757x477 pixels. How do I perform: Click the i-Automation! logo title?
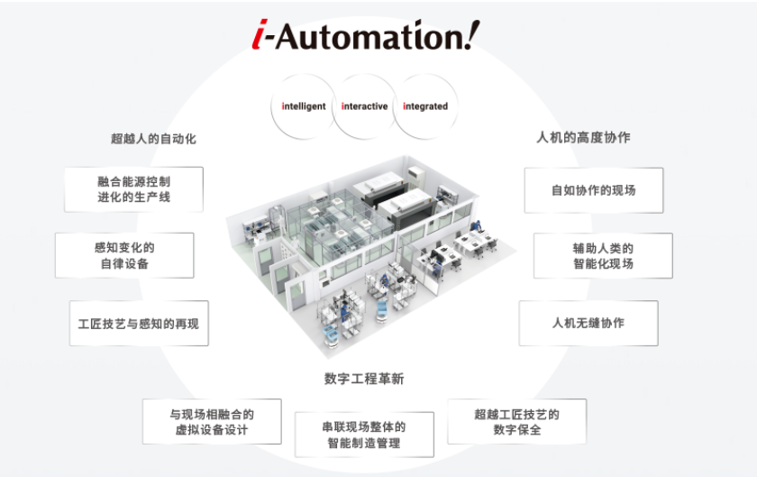click(366, 35)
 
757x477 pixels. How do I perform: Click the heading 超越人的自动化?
click(153, 139)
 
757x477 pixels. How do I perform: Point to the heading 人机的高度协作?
click(583, 137)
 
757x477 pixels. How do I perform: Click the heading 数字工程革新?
click(364, 379)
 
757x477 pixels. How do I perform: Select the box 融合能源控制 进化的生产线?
click(133, 189)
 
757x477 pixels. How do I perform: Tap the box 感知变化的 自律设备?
click(124, 255)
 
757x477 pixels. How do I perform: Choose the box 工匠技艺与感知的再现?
click(139, 324)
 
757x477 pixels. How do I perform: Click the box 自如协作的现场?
click(594, 190)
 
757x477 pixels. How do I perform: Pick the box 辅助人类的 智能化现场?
click(603, 256)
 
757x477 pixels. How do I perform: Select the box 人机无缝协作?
click(588, 324)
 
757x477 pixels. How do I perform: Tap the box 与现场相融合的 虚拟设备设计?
click(212, 421)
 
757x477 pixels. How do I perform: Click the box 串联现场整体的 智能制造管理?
click(364, 435)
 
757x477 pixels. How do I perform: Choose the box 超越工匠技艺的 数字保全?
click(517, 421)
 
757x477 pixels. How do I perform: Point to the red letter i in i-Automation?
click(260, 35)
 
